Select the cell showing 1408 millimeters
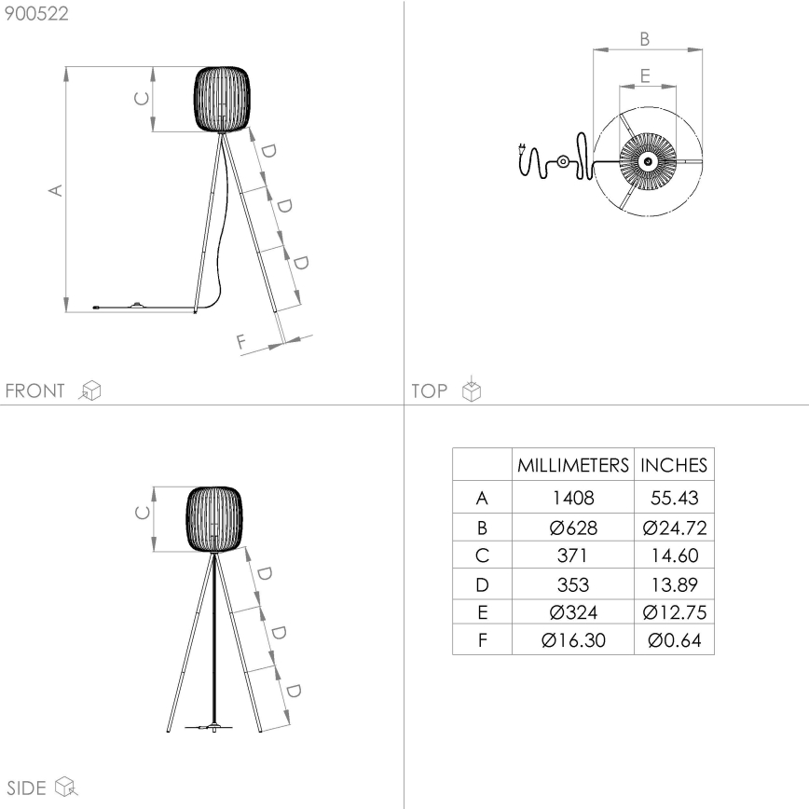coord(572,499)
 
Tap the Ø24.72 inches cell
coord(674,528)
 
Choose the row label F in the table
coord(482,640)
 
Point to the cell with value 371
coord(572,556)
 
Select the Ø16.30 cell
coord(572,640)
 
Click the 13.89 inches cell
coord(674,584)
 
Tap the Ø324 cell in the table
coord(572,612)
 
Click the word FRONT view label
coord(35,391)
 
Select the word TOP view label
coord(430,391)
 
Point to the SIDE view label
coord(26,788)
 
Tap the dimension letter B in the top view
coord(645,38)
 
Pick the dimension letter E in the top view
coord(645,75)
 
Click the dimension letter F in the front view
coord(241,343)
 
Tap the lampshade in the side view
coord(215,520)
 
